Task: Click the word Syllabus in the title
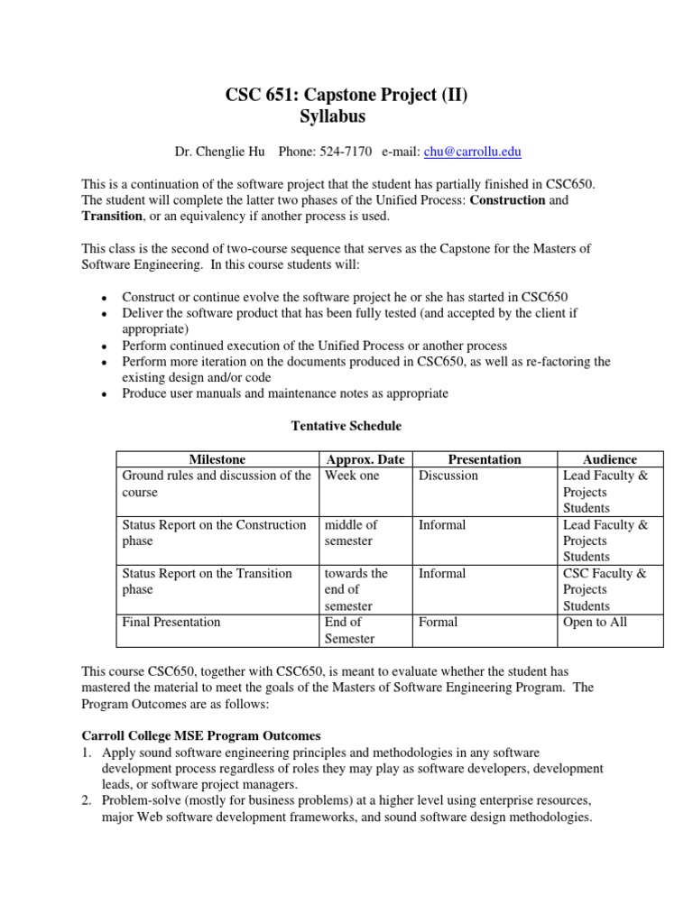click(332, 117)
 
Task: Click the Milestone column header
click(217, 459)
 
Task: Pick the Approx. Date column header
click(365, 459)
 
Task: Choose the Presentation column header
click(485, 459)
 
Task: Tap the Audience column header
click(610, 459)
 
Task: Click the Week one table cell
click(352, 476)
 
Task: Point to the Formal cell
click(439, 622)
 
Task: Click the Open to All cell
click(595, 622)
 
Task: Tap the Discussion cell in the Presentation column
click(448, 476)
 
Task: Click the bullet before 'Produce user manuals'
click(105, 395)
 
